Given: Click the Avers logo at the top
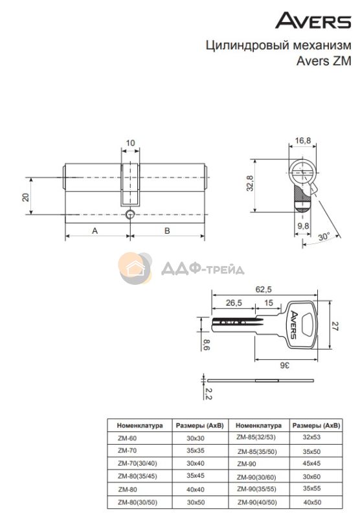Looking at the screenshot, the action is [x=313, y=21].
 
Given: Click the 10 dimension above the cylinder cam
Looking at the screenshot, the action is [x=130, y=143].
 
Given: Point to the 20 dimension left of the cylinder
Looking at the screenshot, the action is [x=25, y=197].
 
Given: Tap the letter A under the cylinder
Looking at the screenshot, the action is [x=95, y=231].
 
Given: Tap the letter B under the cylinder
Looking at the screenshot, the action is [x=167, y=231].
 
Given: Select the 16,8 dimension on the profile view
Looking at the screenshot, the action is [x=303, y=141].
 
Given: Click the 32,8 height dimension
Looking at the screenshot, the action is [x=250, y=183].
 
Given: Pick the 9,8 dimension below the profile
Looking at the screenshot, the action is [x=303, y=226].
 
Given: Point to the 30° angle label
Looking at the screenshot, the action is [x=324, y=236].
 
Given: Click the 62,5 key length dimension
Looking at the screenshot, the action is [x=264, y=289].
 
